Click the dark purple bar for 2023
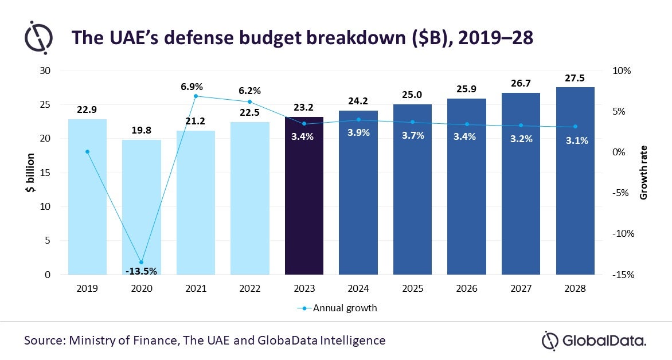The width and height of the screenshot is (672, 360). tap(304, 195)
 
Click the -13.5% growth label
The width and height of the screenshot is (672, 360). tap(141, 271)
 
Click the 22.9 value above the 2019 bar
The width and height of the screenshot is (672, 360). tap(87, 111)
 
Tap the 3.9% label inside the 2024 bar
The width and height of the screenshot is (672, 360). tap(358, 132)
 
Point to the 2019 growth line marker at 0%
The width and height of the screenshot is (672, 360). tap(87, 152)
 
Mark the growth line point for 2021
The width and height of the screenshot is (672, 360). tap(196, 96)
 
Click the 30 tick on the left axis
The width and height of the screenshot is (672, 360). tap(45, 71)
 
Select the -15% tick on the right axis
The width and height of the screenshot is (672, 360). tap(622, 275)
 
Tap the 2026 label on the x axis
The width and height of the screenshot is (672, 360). tap(466, 289)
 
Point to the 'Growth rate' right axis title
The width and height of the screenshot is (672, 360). tap(644, 173)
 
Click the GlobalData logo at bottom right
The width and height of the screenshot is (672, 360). tap(593, 341)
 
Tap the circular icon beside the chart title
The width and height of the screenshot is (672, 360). tap(38, 37)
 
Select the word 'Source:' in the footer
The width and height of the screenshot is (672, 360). tap(44, 340)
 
